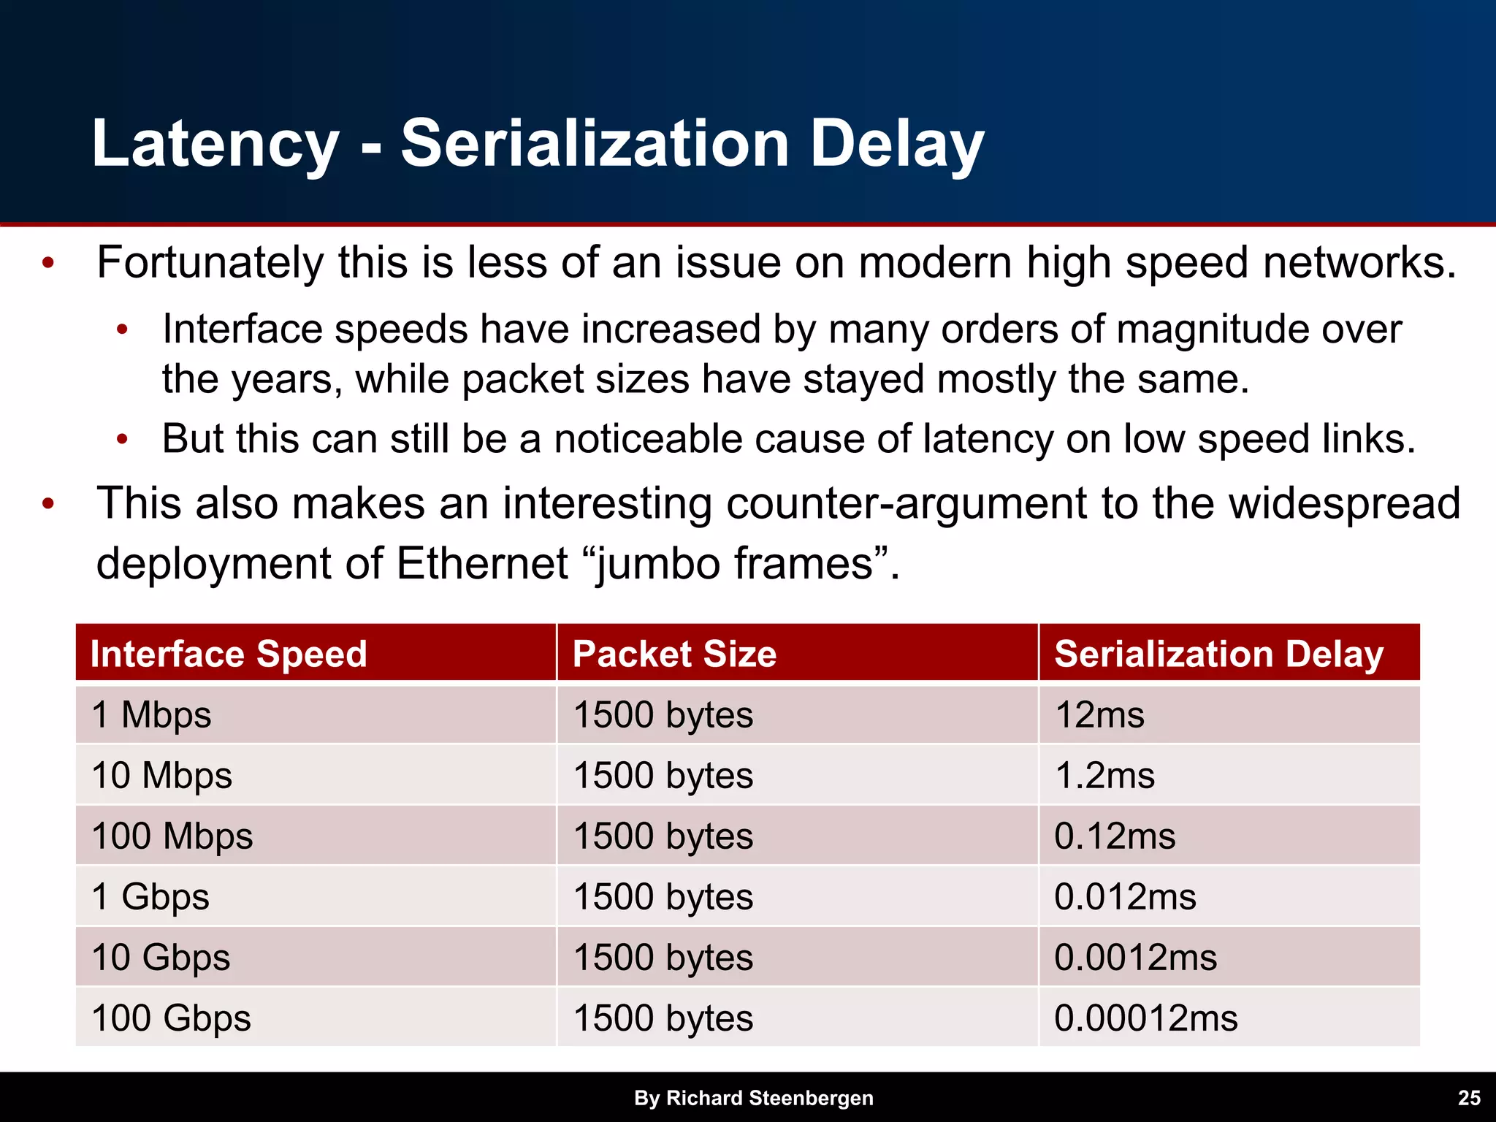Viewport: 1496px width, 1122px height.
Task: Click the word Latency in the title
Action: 215,144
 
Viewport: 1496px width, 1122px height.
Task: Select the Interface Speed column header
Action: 229,654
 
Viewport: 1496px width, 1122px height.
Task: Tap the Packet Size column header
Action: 674,654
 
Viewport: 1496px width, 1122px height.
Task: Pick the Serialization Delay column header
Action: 1218,654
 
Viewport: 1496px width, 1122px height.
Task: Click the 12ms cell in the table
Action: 1099,714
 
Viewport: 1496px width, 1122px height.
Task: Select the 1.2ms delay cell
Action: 1104,775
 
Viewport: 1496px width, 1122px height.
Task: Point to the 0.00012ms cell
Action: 1145,1018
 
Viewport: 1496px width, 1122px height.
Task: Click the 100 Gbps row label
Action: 171,1018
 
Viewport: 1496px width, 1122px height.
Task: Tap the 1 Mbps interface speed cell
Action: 151,714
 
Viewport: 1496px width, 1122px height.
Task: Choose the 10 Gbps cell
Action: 161,958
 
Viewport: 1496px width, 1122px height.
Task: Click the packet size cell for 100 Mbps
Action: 663,836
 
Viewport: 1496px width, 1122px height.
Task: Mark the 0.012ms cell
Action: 1125,897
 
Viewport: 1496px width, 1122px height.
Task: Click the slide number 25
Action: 1469,1098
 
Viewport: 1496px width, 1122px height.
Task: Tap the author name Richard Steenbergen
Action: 769,1098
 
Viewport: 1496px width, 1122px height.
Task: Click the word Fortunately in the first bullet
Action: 210,263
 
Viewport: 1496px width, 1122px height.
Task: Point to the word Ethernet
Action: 482,564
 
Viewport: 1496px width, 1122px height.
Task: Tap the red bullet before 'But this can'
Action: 123,440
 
